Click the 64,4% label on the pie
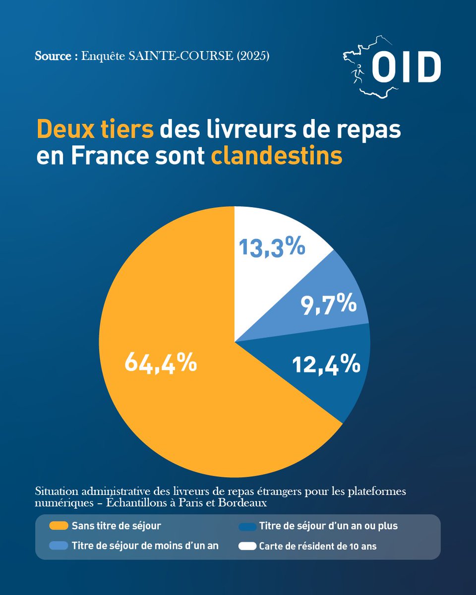tap(161, 363)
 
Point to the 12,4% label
tap(326, 365)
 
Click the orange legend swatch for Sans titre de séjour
tap(59, 526)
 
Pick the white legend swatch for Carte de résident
tap(247, 546)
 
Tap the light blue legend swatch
tap(59, 546)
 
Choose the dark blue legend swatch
tap(247, 526)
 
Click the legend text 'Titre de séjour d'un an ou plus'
tap(328, 526)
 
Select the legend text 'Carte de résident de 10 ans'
tap(318, 546)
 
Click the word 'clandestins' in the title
tap(277, 156)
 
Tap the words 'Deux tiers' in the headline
tap(95, 129)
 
